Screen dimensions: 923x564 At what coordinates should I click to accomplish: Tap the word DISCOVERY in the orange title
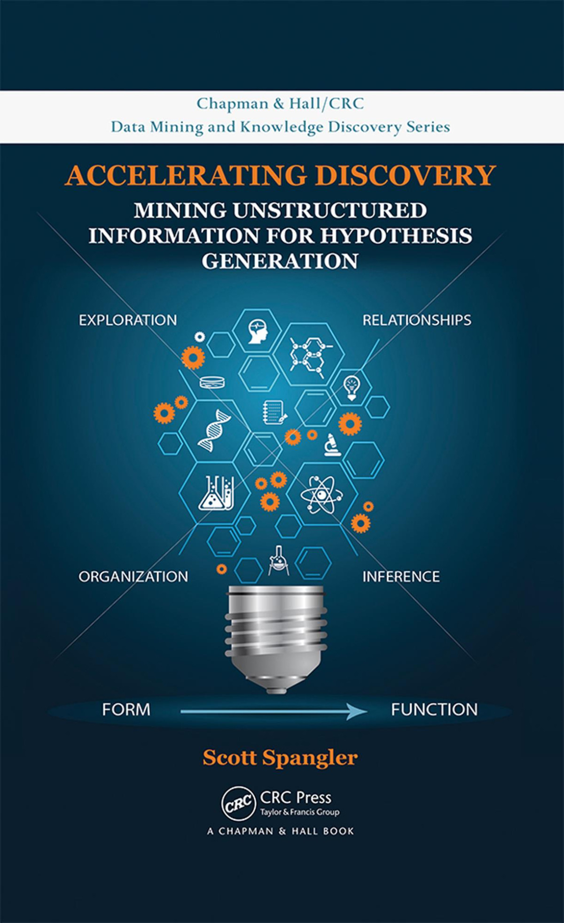pos(405,175)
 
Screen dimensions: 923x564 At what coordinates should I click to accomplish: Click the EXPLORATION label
pos(128,320)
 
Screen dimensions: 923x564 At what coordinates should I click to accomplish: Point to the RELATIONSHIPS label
pos(417,320)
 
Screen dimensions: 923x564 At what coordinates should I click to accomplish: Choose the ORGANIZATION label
pos(133,576)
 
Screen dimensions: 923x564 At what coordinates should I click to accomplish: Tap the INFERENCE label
pos(401,576)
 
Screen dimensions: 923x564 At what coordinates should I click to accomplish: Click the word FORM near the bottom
pos(126,710)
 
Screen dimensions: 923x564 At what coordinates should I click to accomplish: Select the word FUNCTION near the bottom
pos(434,710)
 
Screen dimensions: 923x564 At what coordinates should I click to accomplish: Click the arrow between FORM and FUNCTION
pos(273,711)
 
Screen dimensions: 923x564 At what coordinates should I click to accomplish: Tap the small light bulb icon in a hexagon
pos(351,388)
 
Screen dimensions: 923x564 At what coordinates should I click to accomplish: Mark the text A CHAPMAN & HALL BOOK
pos(281,831)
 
